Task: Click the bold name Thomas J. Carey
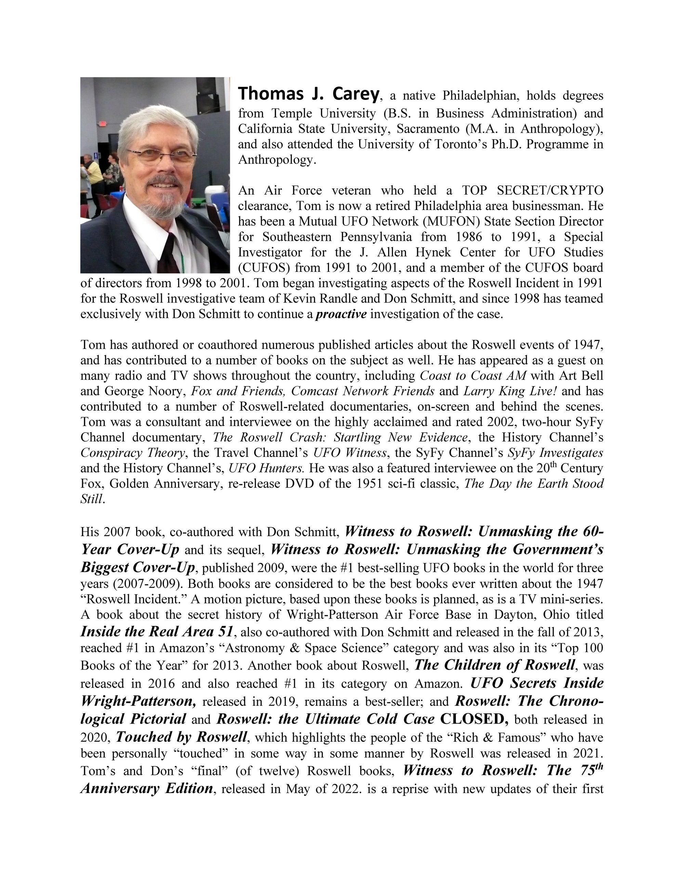(309, 94)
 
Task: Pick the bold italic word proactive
(341, 314)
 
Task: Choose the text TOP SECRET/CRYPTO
(532, 190)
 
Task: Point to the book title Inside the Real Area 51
(157, 632)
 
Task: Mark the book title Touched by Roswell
(182, 736)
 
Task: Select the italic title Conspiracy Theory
(133, 453)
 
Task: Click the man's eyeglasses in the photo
(162, 155)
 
